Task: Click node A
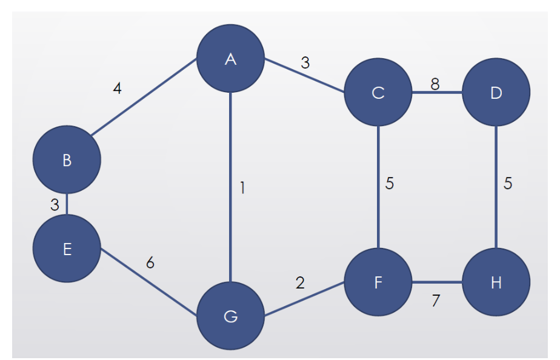(x=230, y=59)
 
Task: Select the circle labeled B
(x=67, y=160)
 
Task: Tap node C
(x=378, y=93)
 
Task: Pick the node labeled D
(x=496, y=93)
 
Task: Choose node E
(x=67, y=248)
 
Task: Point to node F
(x=378, y=282)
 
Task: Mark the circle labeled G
(x=230, y=316)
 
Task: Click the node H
(x=496, y=282)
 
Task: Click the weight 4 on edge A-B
(x=117, y=88)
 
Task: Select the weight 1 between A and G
(x=242, y=188)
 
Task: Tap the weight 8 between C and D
(x=435, y=84)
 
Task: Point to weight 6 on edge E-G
(x=150, y=263)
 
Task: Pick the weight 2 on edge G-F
(x=300, y=282)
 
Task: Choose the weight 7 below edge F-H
(x=435, y=301)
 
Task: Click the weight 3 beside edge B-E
(x=55, y=205)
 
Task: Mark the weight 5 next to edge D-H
(x=508, y=184)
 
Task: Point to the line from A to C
(x=303, y=75)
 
